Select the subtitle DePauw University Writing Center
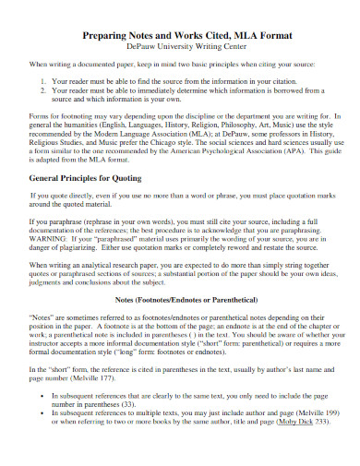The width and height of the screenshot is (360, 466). pyautogui.click(x=180, y=48)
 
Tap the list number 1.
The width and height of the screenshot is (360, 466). pyautogui.click(x=43, y=81)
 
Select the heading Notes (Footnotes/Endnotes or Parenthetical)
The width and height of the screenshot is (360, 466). pyautogui.click(x=180, y=301)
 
